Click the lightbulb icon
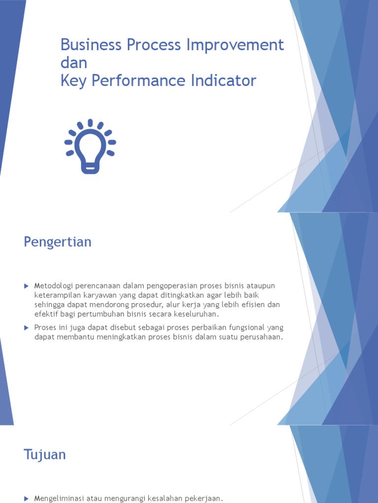(x=90, y=146)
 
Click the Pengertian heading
(x=58, y=242)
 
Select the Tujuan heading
(x=45, y=454)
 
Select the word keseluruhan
(x=194, y=314)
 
